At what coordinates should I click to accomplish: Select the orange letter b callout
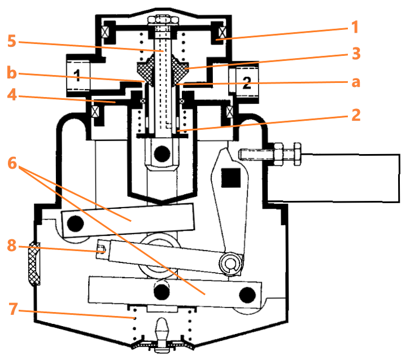tap(12, 73)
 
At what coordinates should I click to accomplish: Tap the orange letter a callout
tap(355, 82)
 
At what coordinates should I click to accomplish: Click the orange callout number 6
tap(12, 163)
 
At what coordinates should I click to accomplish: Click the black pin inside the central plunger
tap(163, 152)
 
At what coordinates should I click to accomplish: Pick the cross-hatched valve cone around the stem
tap(164, 69)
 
